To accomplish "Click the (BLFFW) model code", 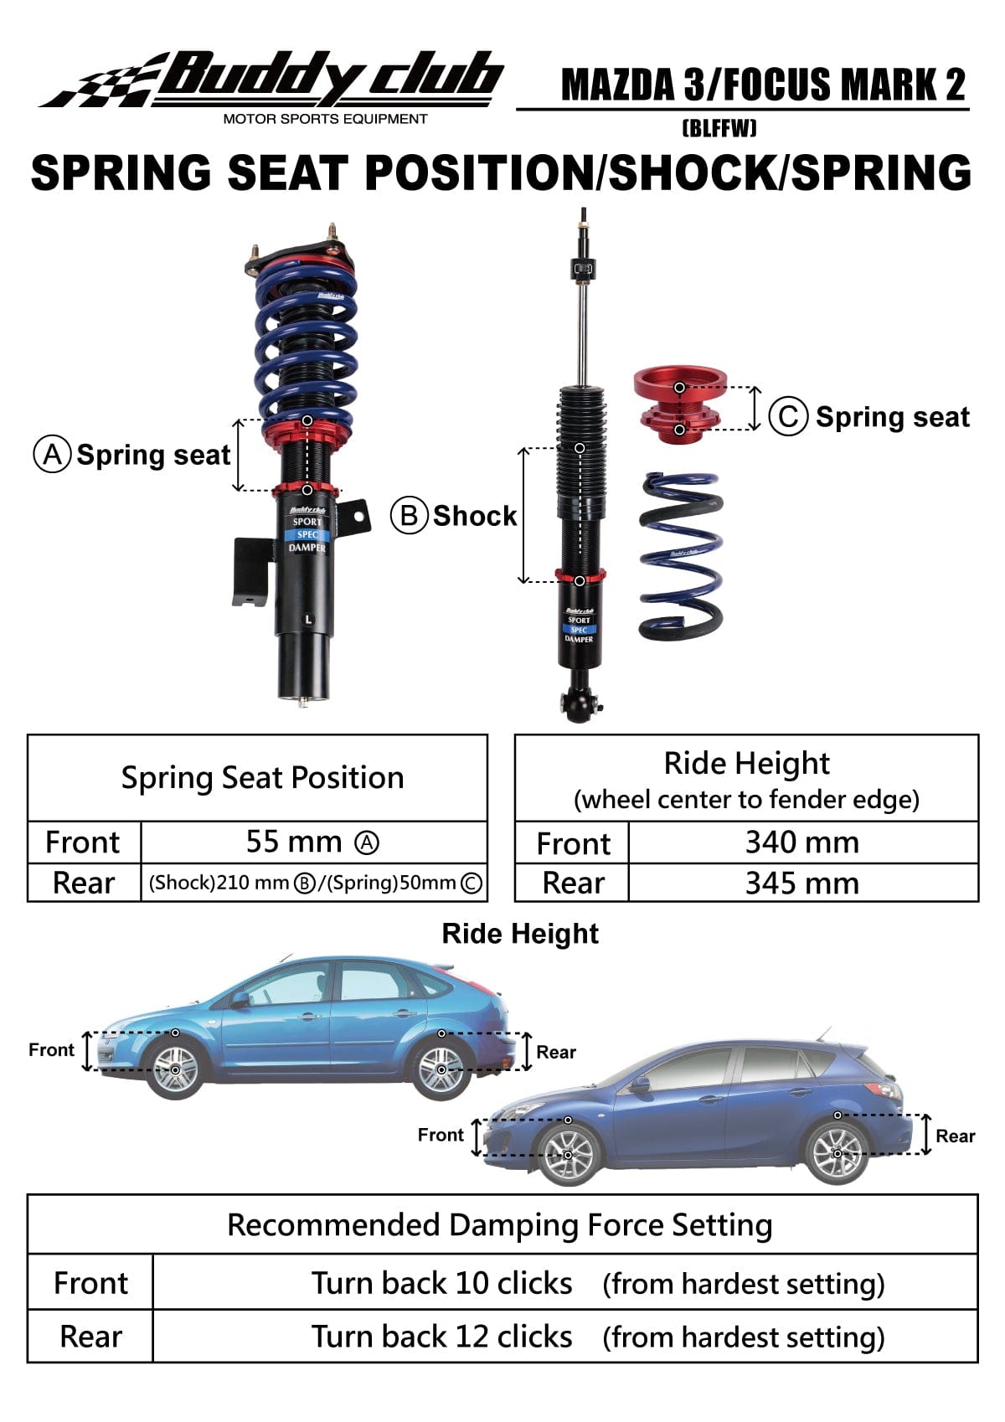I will click(x=719, y=128).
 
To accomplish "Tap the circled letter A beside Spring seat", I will click(x=52, y=454).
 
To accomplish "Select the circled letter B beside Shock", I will click(x=409, y=515).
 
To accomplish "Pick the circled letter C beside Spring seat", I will click(x=788, y=417).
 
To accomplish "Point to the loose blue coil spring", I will click(x=680, y=555).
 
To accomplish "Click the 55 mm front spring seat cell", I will click(x=312, y=842).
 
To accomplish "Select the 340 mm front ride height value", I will click(x=801, y=842).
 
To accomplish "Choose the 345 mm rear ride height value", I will click(x=801, y=883).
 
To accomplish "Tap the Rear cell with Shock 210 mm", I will click(x=315, y=883).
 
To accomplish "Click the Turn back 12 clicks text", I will click(x=441, y=1337).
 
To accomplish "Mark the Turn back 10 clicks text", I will click(x=441, y=1283).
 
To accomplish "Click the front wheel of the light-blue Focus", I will click(x=176, y=1069).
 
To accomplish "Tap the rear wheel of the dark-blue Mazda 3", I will click(x=837, y=1153).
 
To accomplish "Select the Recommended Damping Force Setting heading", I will click(x=500, y=1224).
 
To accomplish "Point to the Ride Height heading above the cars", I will click(x=520, y=934).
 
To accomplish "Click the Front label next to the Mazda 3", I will click(x=441, y=1135).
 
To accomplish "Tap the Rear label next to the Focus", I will click(x=556, y=1052).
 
